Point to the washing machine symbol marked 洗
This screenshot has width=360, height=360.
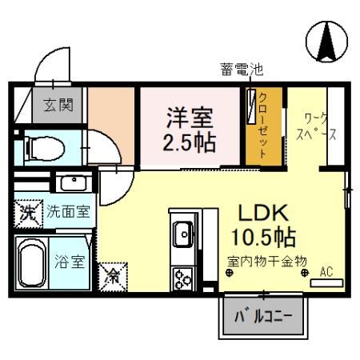coord(27,214)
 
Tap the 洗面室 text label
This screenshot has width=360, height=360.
coord(66,214)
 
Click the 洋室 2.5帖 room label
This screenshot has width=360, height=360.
coord(190,130)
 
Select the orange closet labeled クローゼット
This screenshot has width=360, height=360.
coord(262,129)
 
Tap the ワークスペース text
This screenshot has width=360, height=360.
coord(310,126)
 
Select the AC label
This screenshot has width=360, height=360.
coord(326,271)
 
